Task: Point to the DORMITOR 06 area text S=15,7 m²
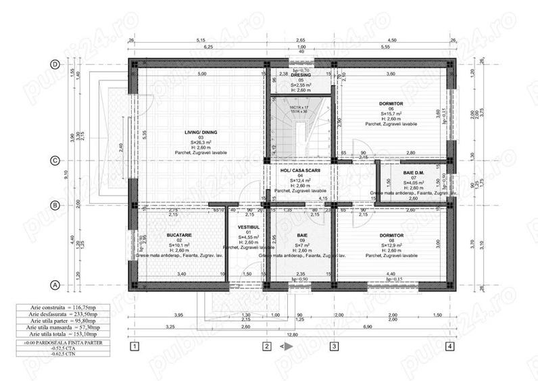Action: [391, 114]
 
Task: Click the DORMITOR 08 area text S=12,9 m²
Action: [391, 245]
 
